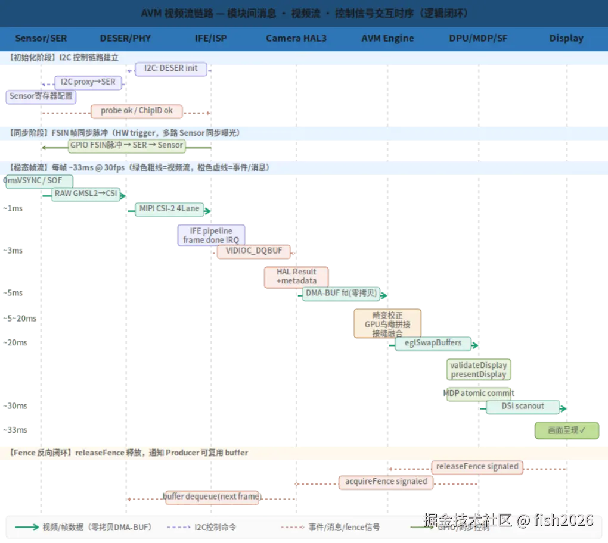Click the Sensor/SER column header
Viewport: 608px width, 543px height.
(41, 38)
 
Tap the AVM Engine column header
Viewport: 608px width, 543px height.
(387, 38)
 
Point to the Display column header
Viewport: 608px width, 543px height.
(566, 38)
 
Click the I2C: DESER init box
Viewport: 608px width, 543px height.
(171, 68)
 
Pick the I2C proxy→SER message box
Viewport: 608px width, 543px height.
(88, 82)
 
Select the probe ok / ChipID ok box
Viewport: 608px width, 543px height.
(137, 111)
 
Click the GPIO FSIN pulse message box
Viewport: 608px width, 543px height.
(126, 145)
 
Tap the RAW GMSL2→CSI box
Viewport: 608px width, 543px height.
(86, 194)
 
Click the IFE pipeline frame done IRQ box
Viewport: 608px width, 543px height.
(212, 235)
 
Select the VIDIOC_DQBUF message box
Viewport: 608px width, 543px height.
(254, 251)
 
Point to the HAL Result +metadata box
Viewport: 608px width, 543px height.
(296, 276)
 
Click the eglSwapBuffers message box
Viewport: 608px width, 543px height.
(433, 343)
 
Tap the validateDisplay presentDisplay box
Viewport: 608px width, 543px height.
(478, 370)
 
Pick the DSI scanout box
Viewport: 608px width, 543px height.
(523, 407)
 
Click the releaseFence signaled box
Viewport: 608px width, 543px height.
(477, 467)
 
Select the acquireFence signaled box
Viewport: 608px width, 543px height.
(386, 482)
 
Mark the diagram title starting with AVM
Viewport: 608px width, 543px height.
(303, 13)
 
